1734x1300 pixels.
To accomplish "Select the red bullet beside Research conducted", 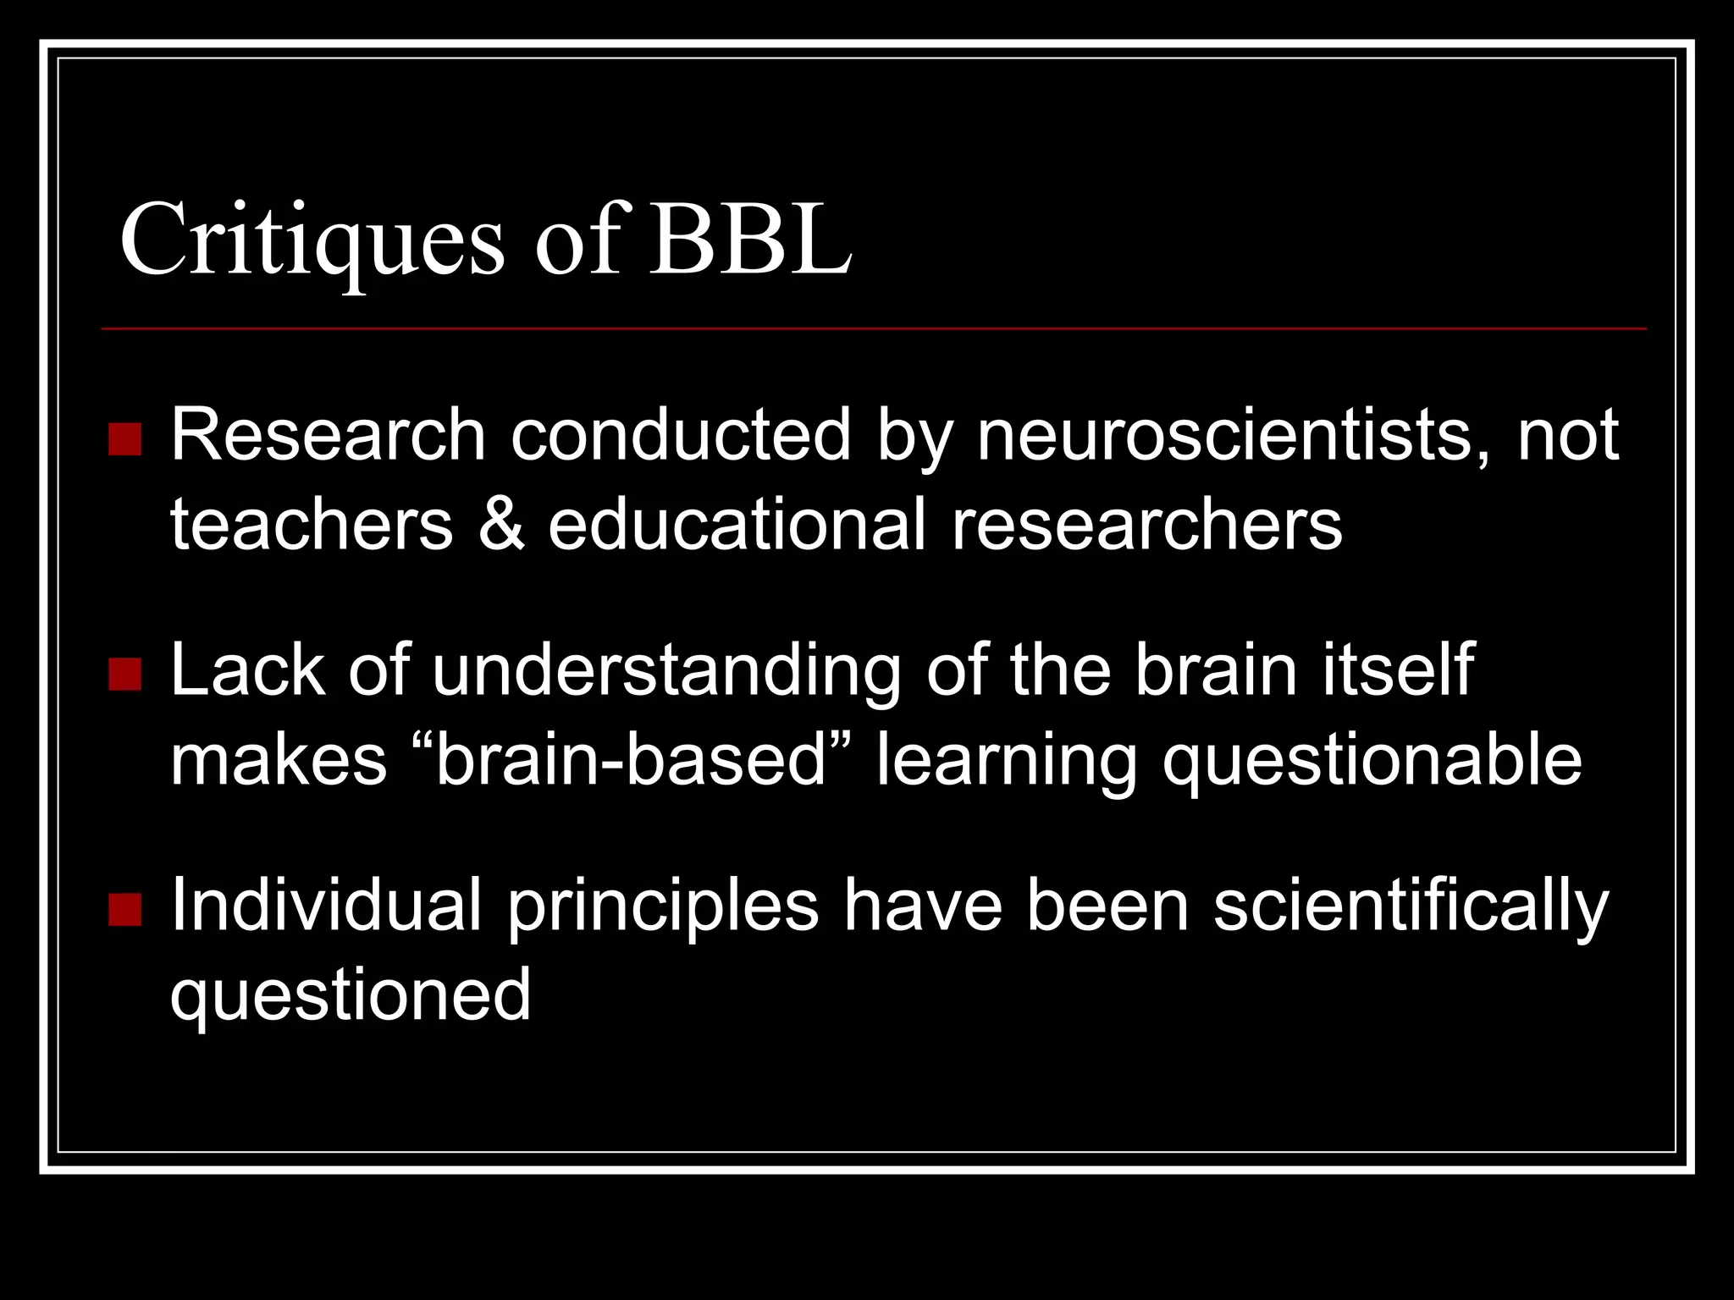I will [125, 439].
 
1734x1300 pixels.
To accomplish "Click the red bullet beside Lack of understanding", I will [125, 675].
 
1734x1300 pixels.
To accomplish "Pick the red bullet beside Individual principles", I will [125, 910].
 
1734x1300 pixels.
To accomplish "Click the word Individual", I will [326, 906].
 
